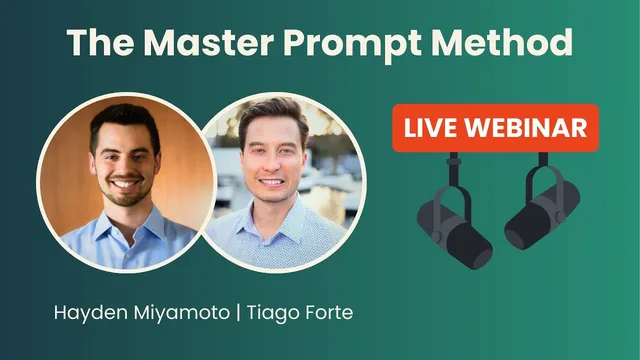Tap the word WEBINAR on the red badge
[x=524, y=128]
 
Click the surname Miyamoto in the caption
[x=185, y=313]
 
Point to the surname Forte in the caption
[x=330, y=313]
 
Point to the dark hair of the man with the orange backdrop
[x=125, y=120]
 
